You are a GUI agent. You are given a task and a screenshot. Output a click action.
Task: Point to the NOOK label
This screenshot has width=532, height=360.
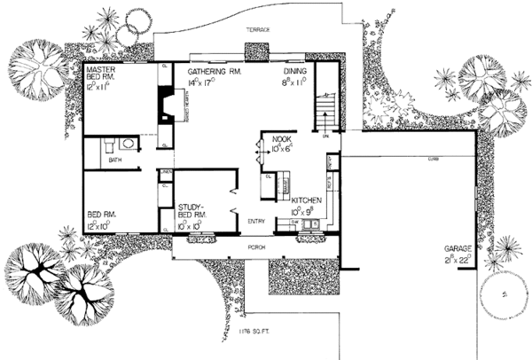pyautogui.click(x=283, y=140)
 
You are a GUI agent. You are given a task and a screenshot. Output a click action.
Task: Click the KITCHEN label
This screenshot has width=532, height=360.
pyautogui.click(x=306, y=202)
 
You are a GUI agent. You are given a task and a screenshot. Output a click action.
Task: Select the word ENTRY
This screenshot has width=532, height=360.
pyautogui.click(x=256, y=222)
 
